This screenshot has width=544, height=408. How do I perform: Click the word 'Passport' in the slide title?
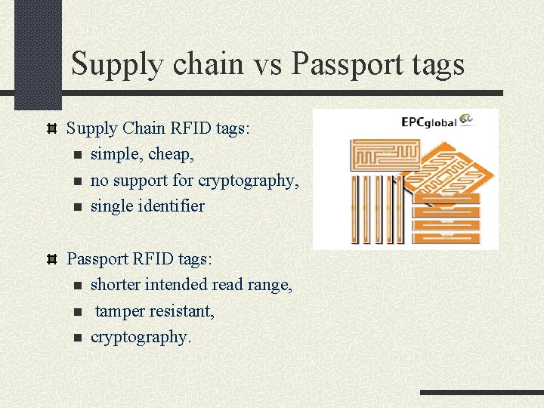[348, 65]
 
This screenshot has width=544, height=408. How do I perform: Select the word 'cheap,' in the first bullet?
[172, 154]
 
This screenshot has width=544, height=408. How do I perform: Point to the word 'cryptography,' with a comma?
[249, 181]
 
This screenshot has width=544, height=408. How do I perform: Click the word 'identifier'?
[168, 206]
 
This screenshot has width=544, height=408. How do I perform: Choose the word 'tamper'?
[121, 311]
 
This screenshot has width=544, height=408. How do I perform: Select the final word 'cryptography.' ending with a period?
[141, 337]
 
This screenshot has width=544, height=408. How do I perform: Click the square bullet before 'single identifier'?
[77, 206]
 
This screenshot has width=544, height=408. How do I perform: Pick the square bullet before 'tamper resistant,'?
[77, 311]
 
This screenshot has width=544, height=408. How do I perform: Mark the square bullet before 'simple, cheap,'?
[77, 155]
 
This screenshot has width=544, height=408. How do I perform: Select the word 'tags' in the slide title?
[434, 65]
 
